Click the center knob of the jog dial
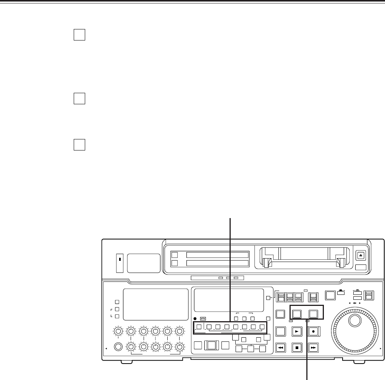355,321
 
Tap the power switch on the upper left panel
119,263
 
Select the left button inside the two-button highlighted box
298,314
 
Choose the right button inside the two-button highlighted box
314,314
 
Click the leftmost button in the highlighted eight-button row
199,327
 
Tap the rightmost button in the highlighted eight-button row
262,327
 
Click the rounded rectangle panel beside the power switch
144,263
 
